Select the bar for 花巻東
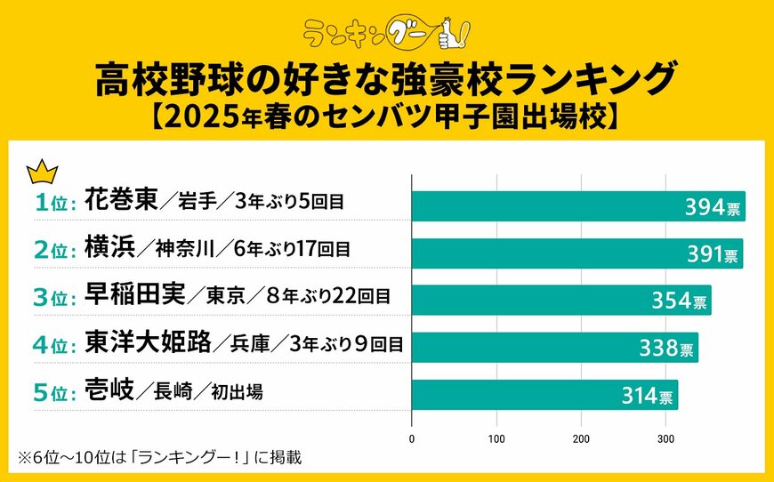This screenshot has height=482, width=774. tap(578, 205)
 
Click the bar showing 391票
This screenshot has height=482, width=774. tap(576, 253)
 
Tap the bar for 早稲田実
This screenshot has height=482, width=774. tap(560, 300)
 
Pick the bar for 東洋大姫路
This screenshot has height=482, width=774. tap(554, 348)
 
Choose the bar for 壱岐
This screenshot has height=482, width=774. tap(544, 395)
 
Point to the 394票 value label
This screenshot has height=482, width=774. tap(711, 206)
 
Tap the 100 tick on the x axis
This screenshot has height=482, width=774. tap(496, 439)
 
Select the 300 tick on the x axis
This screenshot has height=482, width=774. tap(665, 439)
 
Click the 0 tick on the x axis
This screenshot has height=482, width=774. tap(412, 439)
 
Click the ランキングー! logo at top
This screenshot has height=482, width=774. tap(386, 33)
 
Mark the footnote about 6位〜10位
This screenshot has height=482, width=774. tap(160, 458)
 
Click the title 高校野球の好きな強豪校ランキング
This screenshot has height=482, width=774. tap(386, 82)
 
